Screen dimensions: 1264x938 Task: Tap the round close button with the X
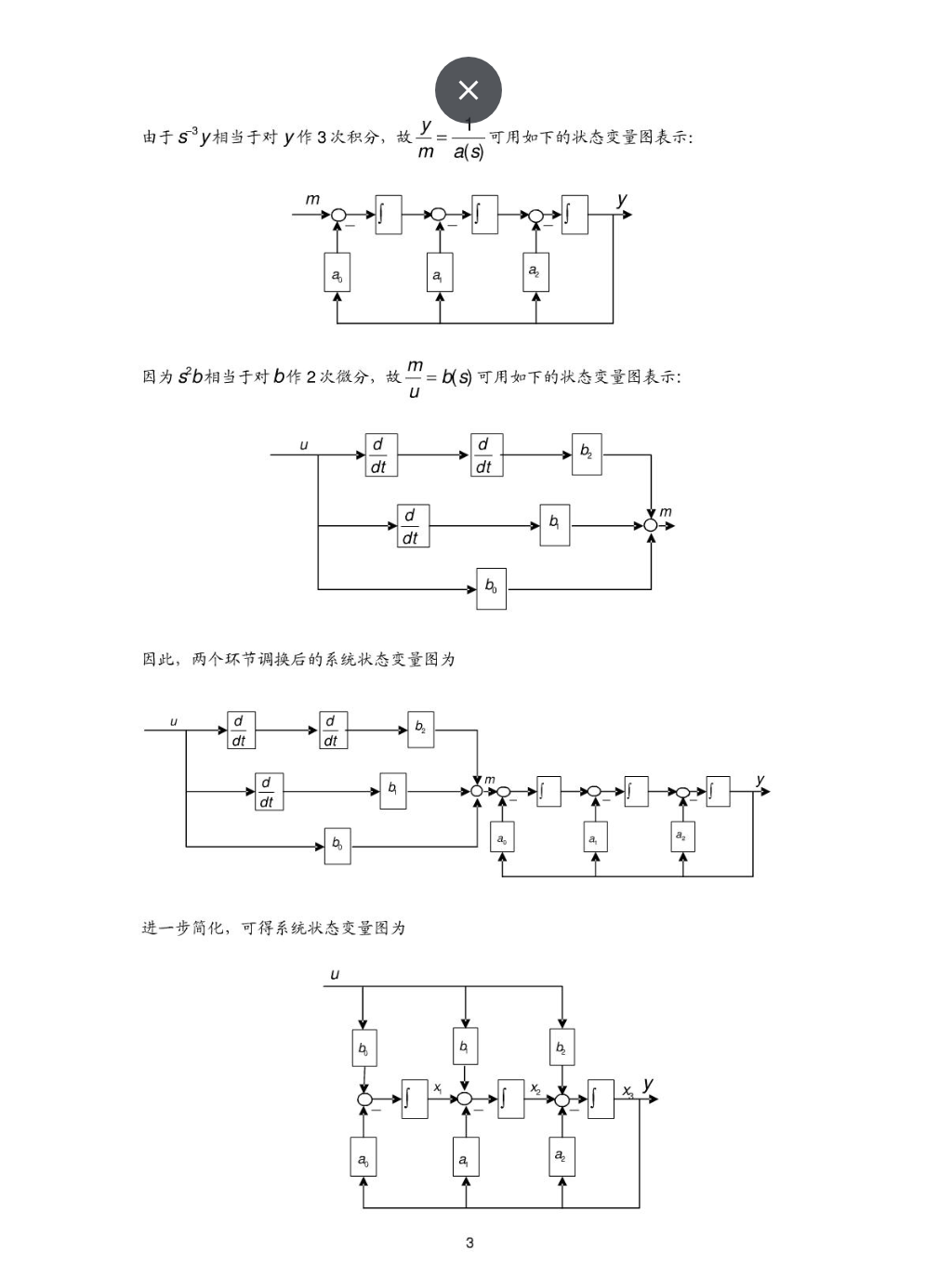[469, 90]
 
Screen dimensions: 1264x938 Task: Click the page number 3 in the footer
[469, 1243]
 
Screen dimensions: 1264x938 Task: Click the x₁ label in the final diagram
[437, 1087]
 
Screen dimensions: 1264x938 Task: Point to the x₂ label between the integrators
[535, 1088]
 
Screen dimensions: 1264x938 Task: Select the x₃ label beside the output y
[628, 1090]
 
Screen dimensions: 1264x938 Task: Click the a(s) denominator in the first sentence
[469, 151]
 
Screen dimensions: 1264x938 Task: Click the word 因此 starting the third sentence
[158, 659]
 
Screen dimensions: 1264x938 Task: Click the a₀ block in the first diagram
[337, 275]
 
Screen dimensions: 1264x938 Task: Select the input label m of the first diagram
[312, 199]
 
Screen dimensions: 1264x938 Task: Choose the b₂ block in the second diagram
[587, 454]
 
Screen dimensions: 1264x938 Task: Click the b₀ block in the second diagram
[491, 587]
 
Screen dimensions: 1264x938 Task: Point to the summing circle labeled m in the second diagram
[651, 526]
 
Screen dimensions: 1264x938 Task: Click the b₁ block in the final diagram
[465, 1047]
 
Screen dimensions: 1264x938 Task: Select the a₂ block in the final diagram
[561, 1156]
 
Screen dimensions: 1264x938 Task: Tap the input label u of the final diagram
[335, 974]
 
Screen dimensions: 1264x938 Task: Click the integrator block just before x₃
[600, 1099]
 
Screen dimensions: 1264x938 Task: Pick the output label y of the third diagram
[760, 780]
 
